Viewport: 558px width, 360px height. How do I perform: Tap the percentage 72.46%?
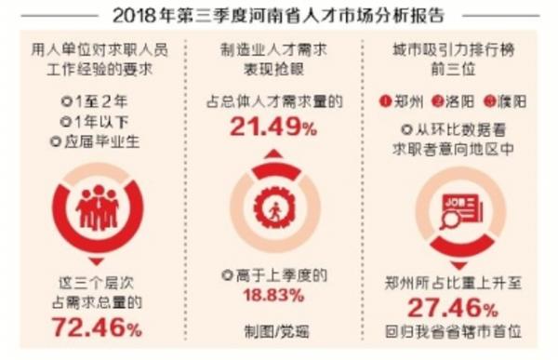(x=97, y=327)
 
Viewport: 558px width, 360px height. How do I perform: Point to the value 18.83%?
(x=272, y=296)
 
